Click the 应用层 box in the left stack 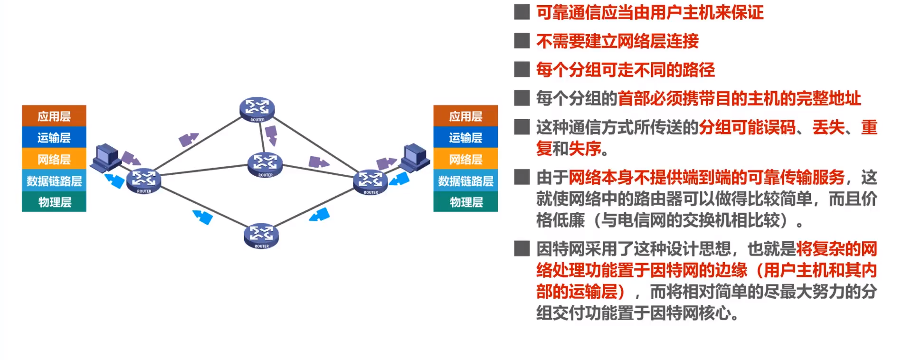54,116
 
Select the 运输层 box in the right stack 465,137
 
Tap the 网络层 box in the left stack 54,159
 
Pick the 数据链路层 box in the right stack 465,180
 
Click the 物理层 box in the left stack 54,202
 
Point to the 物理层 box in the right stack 465,202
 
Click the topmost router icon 257,109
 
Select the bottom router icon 261,235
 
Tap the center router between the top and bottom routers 265,164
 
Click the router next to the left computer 144,180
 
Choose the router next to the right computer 370,182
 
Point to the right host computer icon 415,157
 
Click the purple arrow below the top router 271,135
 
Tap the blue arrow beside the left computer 114,180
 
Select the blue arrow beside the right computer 399,180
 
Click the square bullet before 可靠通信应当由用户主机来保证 522,12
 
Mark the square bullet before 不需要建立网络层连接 522,41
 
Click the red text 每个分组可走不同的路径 625,70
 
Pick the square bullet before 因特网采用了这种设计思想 522,248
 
